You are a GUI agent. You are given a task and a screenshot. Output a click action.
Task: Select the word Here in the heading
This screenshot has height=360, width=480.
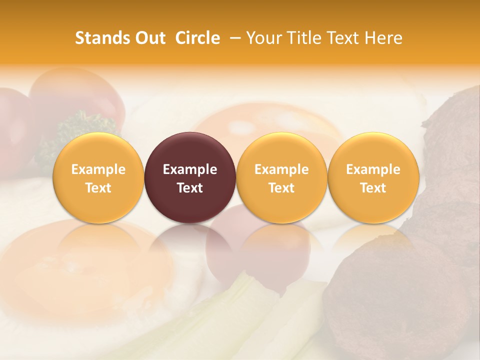[384, 38]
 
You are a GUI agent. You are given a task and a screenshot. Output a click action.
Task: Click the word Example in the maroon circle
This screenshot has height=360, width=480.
[190, 169]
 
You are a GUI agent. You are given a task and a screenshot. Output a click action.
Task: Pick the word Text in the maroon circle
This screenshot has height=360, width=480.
[190, 188]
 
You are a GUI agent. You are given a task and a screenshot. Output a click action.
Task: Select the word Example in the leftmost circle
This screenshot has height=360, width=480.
[98, 169]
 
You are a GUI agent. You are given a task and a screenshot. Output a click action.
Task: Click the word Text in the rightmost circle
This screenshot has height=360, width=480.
[373, 188]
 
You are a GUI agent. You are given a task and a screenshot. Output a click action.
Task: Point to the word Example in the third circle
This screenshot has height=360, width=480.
[281, 169]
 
